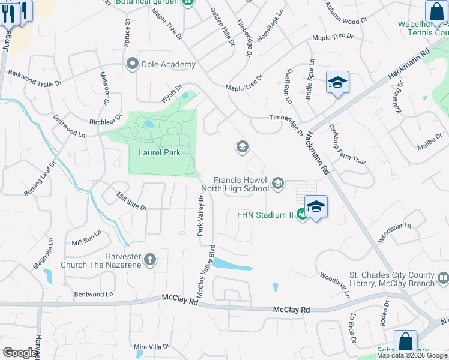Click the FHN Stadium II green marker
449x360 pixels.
(x=303, y=214)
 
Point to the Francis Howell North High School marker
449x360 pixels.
(x=277, y=184)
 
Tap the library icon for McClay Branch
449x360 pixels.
(x=443, y=278)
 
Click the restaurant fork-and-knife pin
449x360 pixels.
(x=8, y=13)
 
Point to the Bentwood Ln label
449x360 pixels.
(x=93, y=295)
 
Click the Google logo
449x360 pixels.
(x=20, y=353)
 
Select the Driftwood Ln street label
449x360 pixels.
(x=69, y=127)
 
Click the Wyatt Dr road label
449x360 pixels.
(x=170, y=93)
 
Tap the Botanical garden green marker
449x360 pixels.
(x=188, y=2)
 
